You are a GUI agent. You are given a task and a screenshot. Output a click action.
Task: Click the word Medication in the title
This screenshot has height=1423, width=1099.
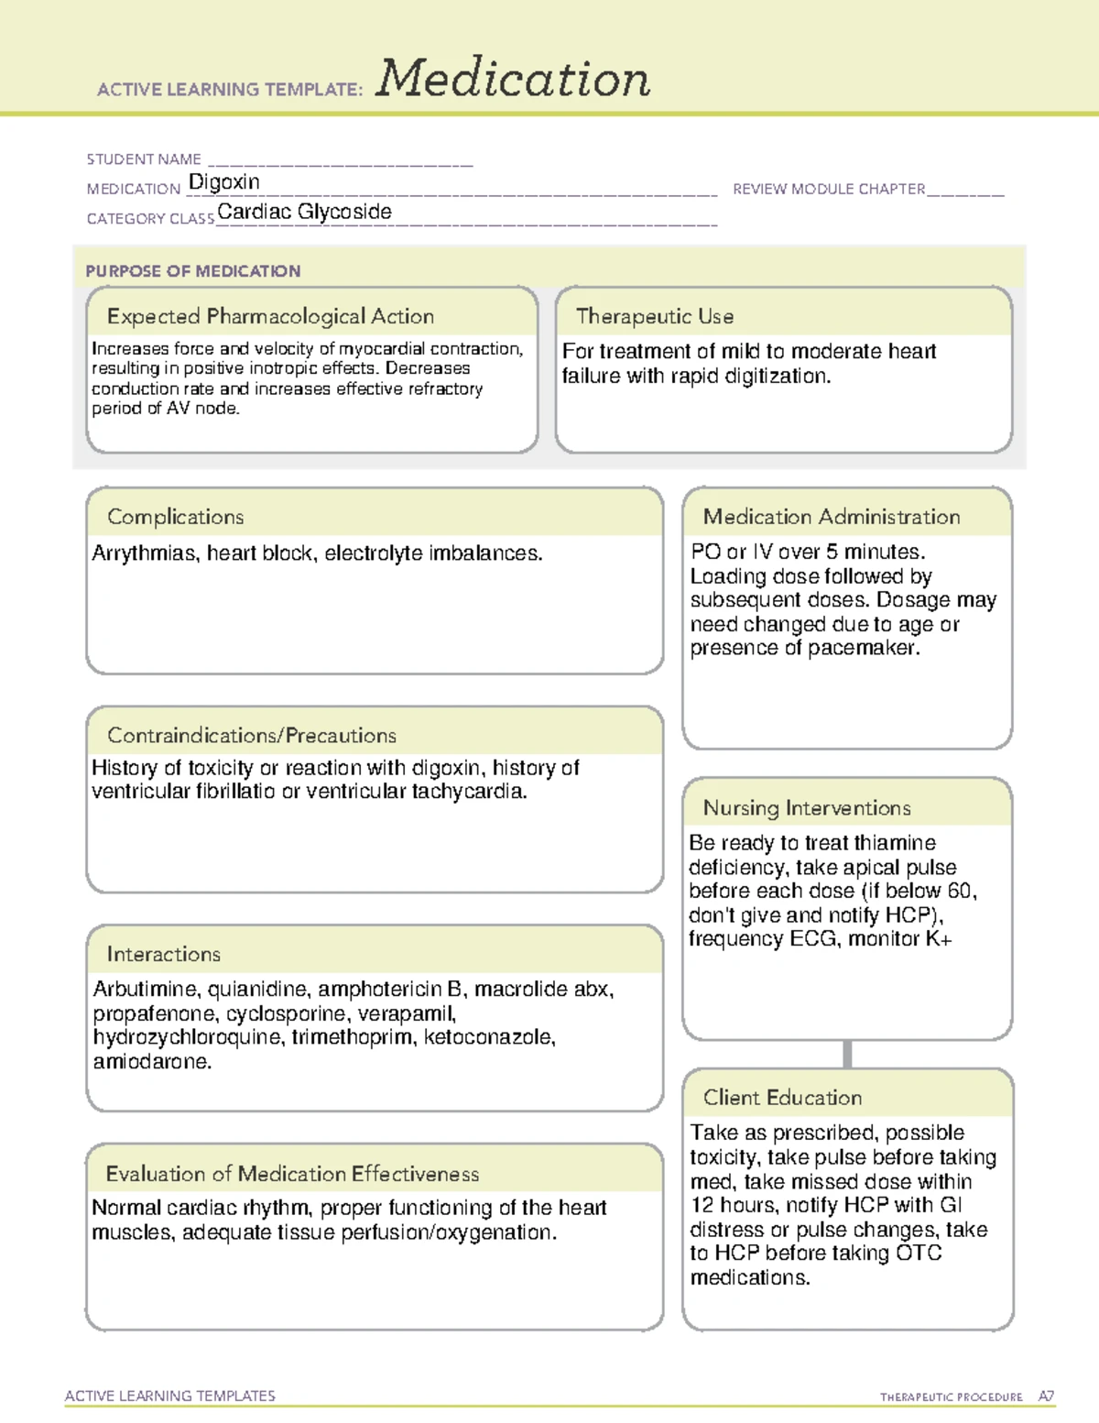point(513,79)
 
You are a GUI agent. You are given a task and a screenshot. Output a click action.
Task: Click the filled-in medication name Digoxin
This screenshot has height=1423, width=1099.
point(224,182)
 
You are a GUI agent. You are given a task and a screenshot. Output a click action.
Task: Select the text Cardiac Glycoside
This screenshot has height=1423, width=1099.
point(304,212)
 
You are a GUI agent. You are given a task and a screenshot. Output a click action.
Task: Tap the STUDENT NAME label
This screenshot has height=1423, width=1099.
point(144,159)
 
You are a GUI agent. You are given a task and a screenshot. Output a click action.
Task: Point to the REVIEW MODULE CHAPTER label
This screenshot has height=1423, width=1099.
point(829,189)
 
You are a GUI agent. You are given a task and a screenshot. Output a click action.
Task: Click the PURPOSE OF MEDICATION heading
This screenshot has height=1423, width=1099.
point(192,271)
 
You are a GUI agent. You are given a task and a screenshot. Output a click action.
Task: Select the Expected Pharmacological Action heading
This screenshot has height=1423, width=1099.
point(270,316)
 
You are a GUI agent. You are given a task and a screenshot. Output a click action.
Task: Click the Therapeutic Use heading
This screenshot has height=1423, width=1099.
point(655,316)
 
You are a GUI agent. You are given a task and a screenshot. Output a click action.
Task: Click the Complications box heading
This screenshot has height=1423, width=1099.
point(176,517)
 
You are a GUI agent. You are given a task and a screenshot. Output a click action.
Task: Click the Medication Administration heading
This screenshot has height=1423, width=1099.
point(832,517)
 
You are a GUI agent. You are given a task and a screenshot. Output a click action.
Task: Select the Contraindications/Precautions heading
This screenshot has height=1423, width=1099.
point(252,736)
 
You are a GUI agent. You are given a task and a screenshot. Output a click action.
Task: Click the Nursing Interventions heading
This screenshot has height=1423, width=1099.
point(807,808)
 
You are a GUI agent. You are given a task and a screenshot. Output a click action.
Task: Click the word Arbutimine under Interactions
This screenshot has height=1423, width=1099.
point(146,990)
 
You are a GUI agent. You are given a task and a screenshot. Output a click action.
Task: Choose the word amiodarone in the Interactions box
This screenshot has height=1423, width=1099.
point(152,1062)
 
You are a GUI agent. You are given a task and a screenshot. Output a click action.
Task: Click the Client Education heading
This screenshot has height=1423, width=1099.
point(782,1098)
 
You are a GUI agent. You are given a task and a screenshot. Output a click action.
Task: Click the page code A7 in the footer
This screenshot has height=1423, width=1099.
point(1046,1396)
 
